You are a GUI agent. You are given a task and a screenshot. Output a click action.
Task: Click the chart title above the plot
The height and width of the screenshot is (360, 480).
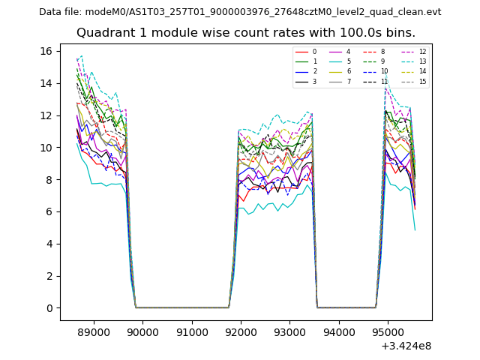[x=245, y=33]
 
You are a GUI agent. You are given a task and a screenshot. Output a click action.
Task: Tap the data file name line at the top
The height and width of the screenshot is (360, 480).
[x=240, y=12]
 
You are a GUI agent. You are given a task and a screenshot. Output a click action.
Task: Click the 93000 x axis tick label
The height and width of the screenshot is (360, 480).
[x=289, y=331]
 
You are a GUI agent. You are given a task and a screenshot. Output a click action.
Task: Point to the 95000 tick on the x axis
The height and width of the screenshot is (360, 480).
[x=387, y=331]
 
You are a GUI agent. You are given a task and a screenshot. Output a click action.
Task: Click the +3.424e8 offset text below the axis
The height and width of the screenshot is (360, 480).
[x=405, y=346]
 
